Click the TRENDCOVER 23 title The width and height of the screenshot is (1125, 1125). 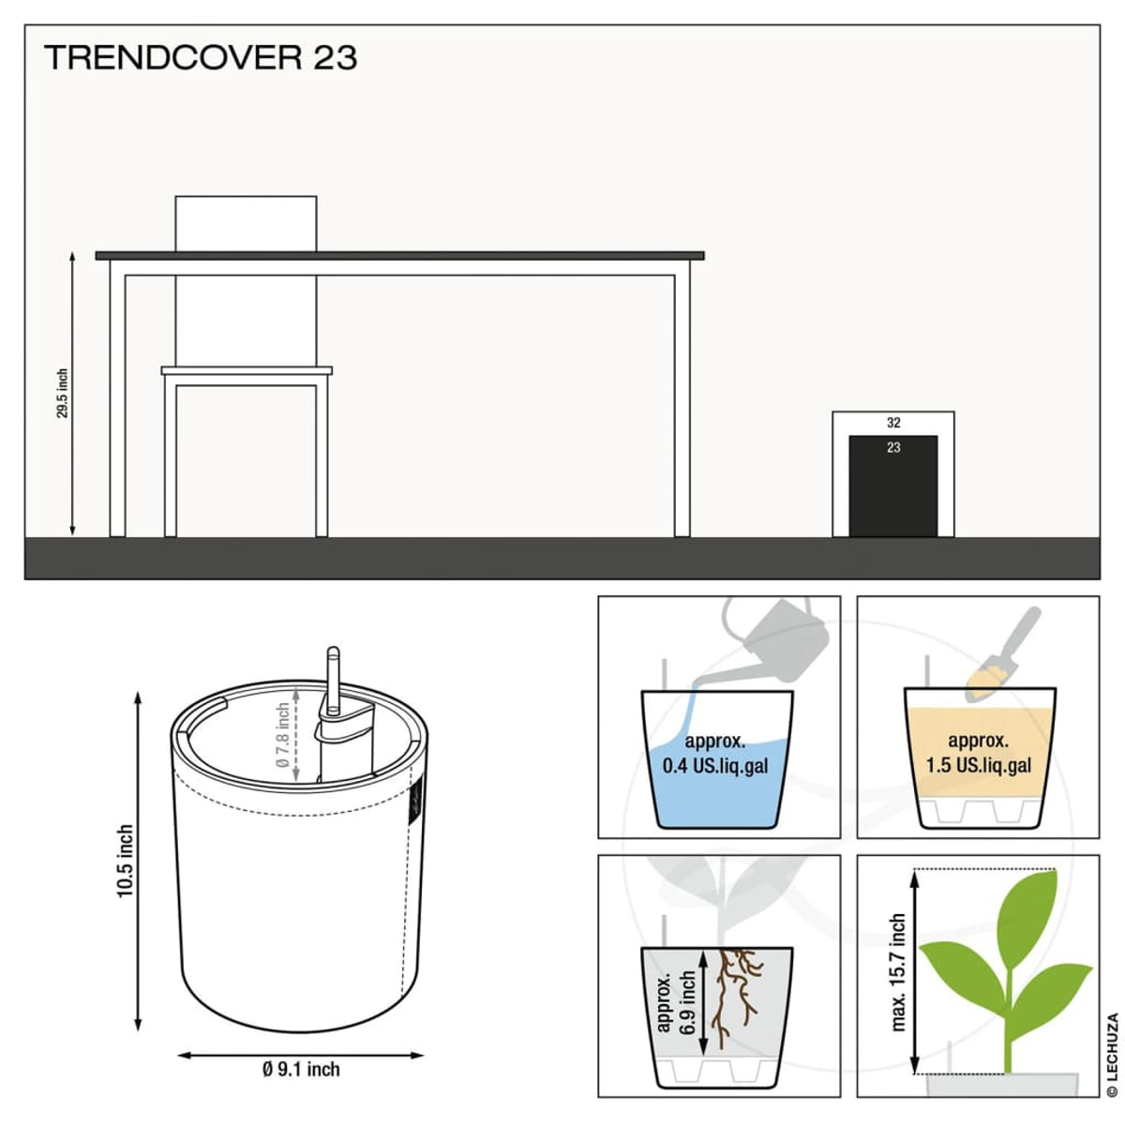coord(201,58)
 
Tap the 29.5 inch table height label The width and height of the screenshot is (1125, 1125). coord(63,393)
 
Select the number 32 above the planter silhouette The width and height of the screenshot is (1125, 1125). coord(893,422)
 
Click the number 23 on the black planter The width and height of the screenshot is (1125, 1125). coord(893,448)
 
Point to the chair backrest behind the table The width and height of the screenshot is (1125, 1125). coord(246,224)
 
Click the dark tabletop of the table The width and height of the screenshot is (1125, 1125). coord(400,256)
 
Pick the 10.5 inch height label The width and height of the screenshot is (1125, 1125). coord(125,862)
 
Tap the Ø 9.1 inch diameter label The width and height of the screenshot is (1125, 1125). coord(301,1069)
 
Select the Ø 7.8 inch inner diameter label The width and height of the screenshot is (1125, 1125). coord(282,735)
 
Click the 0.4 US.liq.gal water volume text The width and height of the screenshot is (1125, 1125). coord(715,765)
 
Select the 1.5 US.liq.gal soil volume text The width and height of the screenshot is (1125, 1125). coord(979,765)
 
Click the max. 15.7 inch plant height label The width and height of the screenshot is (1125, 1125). coord(898,972)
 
